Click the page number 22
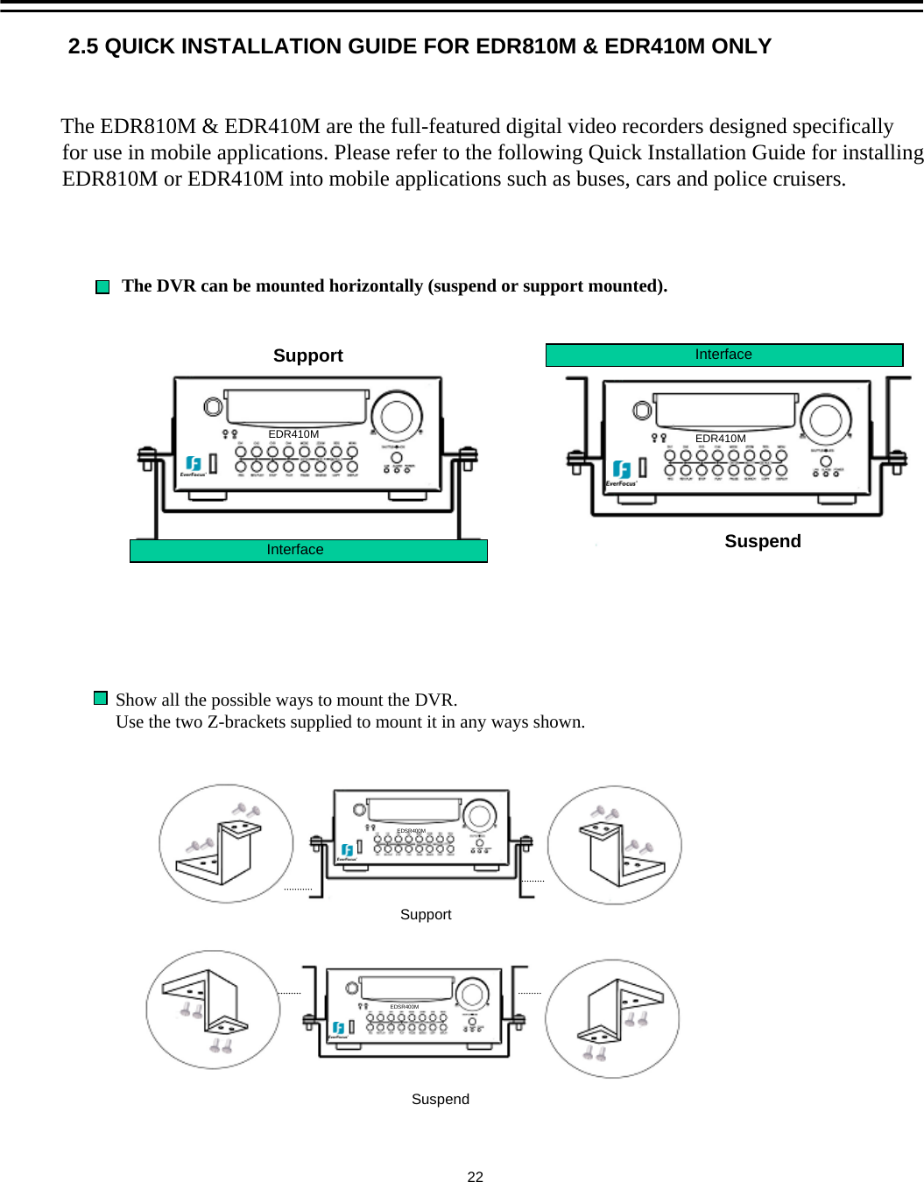click(x=475, y=1177)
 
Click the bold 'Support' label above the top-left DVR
click(x=307, y=355)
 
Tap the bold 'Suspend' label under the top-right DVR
click(x=762, y=541)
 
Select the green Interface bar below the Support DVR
click(x=308, y=550)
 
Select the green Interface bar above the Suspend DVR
click(x=723, y=355)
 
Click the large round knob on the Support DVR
click(x=397, y=416)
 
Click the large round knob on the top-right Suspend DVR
click(x=825, y=420)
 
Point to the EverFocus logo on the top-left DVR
click(x=194, y=466)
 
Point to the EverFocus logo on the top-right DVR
click(x=622, y=472)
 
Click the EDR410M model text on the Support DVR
click(x=293, y=434)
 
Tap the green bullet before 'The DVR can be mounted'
click(x=102, y=287)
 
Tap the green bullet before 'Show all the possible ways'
click(x=101, y=698)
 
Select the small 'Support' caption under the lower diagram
click(x=426, y=914)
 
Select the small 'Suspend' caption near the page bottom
click(x=440, y=1099)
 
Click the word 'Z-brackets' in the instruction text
click(x=250, y=722)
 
